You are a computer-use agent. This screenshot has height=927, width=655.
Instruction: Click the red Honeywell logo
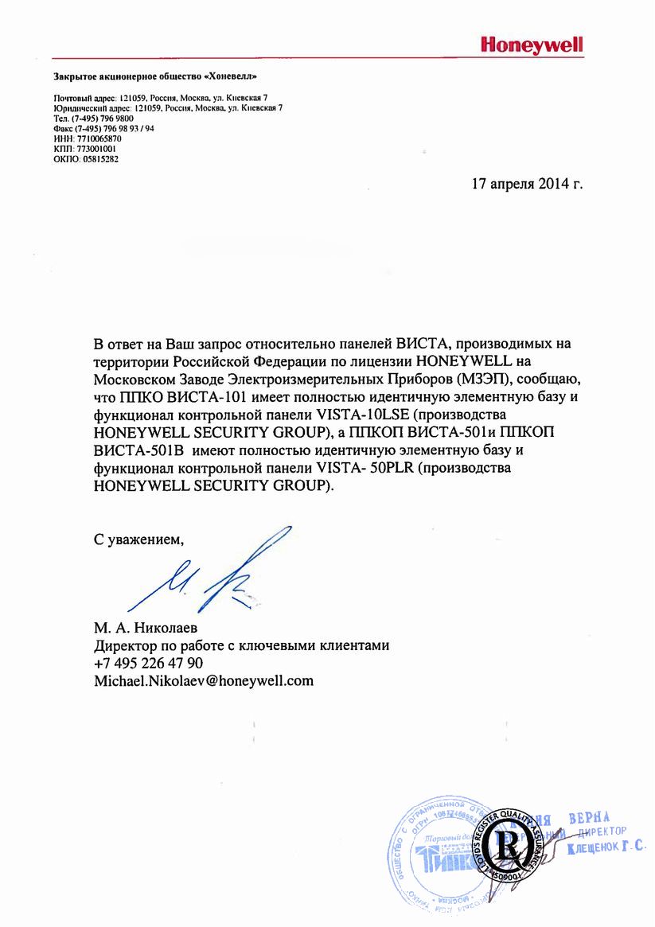[532, 45]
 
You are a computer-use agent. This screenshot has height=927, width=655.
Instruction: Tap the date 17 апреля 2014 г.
[528, 184]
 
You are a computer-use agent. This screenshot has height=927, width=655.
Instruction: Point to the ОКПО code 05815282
[100, 158]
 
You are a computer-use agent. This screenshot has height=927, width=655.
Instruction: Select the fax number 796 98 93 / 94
[115, 127]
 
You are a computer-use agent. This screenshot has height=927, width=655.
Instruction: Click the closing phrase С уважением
[138, 540]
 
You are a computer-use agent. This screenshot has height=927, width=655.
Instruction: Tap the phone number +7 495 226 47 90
[148, 663]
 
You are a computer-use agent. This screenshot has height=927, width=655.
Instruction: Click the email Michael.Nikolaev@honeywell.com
[204, 680]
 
